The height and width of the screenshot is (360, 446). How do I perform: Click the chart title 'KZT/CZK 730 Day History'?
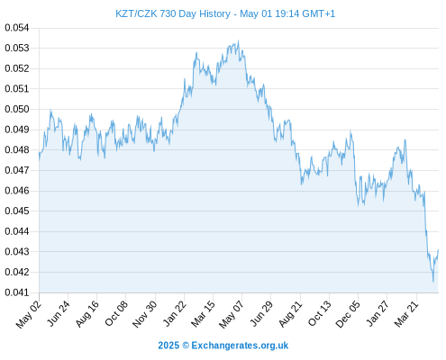pyautogui.click(x=173, y=13)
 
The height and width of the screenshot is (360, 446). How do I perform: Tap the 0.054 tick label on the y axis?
pyautogui.click(x=17, y=28)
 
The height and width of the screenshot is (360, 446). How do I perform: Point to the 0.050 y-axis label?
pyautogui.click(x=17, y=109)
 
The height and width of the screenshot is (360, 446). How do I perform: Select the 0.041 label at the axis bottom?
pyautogui.click(x=17, y=292)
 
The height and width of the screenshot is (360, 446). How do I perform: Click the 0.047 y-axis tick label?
pyautogui.click(x=17, y=170)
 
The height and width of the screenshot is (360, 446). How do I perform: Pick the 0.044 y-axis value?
pyautogui.click(x=17, y=231)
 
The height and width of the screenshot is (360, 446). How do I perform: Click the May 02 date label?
pyautogui.click(x=29, y=314)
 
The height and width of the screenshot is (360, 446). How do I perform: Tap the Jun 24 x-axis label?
pyautogui.click(x=59, y=313)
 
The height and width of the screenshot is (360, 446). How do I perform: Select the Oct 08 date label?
pyautogui.click(x=116, y=313)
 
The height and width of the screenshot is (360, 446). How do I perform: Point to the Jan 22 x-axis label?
pyautogui.click(x=175, y=313)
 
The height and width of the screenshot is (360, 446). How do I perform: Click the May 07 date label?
pyautogui.click(x=232, y=314)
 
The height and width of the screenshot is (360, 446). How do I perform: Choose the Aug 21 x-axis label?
pyautogui.click(x=290, y=313)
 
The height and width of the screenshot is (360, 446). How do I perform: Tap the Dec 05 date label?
pyautogui.click(x=348, y=314)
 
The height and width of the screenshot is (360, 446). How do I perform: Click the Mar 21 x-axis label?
pyautogui.click(x=406, y=313)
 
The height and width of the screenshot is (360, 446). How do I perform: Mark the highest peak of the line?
pyautogui.click(x=239, y=40)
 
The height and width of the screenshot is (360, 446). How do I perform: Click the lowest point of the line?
pyautogui.click(x=433, y=282)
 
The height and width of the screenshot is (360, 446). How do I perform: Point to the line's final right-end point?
pyautogui.click(x=439, y=249)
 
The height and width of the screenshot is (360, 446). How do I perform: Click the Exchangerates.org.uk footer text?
pyautogui.click(x=240, y=346)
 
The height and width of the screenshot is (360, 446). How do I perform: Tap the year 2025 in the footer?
pyautogui.click(x=168, y=346)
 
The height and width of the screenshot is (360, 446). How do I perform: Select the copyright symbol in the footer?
pyautogui.click(x=186, y=346)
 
